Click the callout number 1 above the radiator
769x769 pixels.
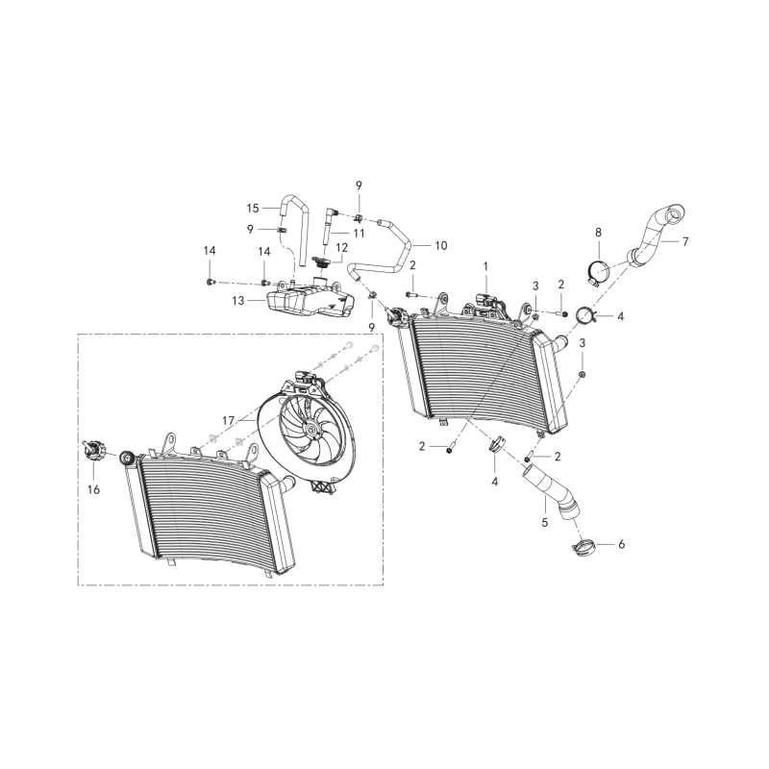coord(485,266)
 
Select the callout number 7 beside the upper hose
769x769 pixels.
coord(685,241)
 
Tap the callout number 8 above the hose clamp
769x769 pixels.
coord(598,232)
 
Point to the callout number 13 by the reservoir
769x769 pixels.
coord(237,300)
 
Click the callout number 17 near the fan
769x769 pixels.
coord(228,421)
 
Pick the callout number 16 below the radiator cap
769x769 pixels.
coord(93,489)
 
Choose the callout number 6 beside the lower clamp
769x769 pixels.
coord(621,544)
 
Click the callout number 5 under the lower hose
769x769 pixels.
coord(544,523)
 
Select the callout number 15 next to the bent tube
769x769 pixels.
coord(253,209)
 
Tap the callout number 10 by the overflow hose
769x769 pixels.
coord(441,245)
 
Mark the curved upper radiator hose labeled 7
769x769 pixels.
coord(657,236)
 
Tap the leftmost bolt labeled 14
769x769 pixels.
coord(211,282)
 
